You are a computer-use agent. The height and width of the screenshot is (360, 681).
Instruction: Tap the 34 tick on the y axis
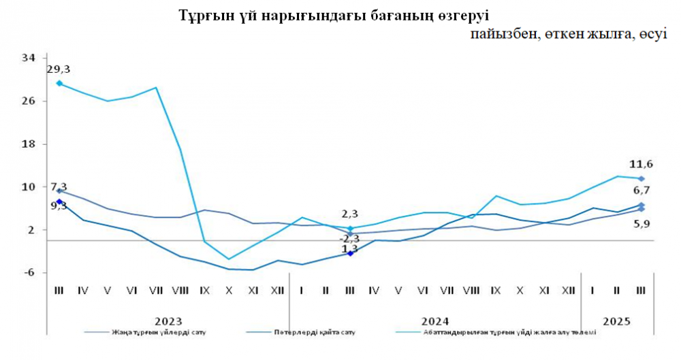pos(28,58)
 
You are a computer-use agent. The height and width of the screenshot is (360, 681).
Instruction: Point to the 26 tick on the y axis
pos(28,101)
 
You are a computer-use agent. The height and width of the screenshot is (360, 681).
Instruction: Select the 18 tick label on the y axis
pos(28,144)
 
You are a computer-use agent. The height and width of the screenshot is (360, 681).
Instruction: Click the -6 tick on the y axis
pos(28,273)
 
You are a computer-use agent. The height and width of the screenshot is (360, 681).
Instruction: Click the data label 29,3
pos(59,69)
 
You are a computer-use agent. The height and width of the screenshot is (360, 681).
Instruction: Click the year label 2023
pos(167,321)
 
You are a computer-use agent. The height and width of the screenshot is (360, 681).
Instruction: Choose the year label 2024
pos(435,321)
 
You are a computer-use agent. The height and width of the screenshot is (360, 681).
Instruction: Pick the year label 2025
pos(616,321)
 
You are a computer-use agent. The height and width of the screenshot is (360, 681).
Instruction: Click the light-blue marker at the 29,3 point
pos(59,83)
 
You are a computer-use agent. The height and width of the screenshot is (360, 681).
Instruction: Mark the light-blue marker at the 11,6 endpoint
pos(641,178)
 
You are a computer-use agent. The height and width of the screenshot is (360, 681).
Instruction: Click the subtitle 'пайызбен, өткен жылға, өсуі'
pos(569,35)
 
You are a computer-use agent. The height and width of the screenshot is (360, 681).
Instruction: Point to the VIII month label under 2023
pos(180,291)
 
